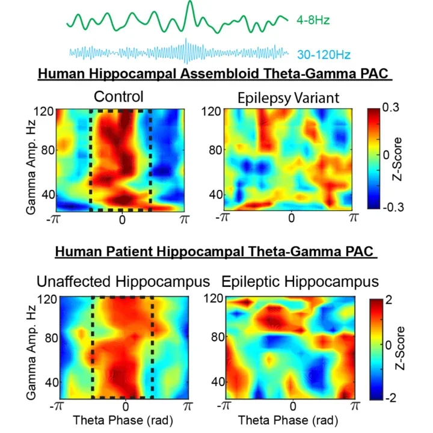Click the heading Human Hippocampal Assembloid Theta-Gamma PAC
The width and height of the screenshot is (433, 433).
pyautogui.click(x=215, y=74)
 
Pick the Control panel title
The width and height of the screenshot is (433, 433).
pyautogui.click(x=118, y=96)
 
